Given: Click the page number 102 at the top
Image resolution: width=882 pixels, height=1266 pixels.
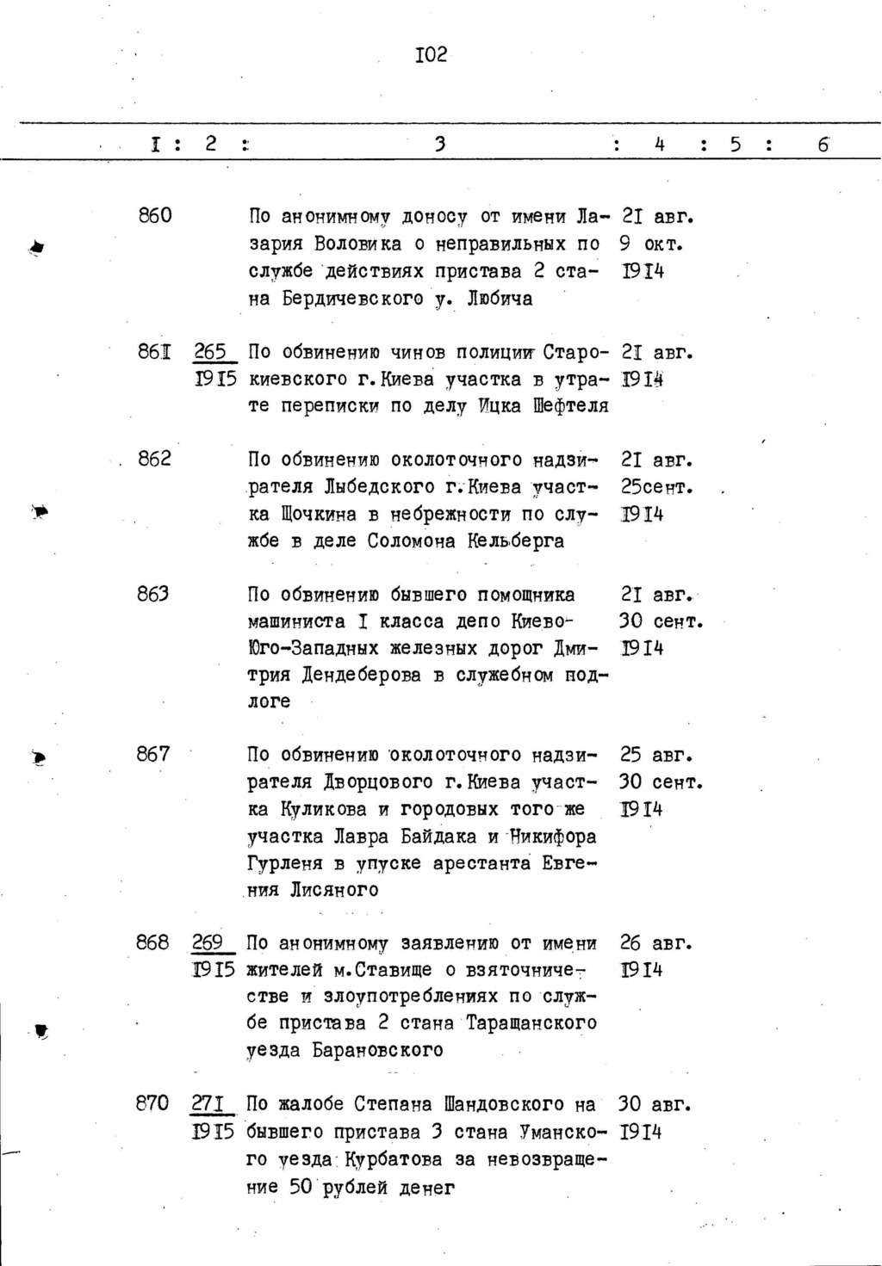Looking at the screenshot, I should [431, 56].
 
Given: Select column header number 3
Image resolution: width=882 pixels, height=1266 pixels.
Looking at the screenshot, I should [440, 145].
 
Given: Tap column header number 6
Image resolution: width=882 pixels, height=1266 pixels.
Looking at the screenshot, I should [823, 145].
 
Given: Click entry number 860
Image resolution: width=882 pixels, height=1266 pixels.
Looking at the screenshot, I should [155, 215].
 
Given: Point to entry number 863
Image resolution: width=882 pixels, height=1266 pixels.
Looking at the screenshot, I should [153, 594].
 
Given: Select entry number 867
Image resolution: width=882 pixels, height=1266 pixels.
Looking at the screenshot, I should [153, 754].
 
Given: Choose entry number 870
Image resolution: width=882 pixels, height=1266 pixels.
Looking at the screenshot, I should [153, 1103].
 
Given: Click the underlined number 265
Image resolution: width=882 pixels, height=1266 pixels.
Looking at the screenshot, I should [210, 352].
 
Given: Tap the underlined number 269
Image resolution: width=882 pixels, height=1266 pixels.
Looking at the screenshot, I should [209, 942].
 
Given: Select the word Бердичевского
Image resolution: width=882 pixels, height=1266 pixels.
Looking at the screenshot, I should [371, 299].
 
